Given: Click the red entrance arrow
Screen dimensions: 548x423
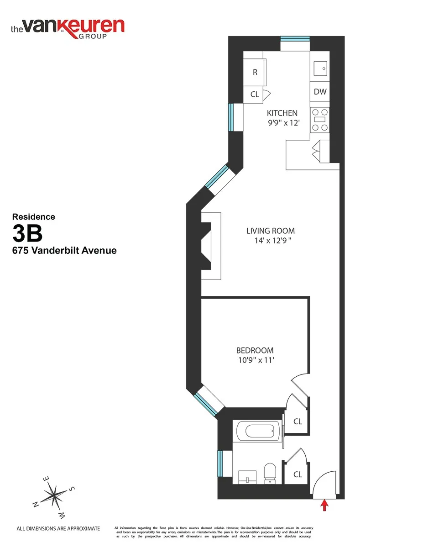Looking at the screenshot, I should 324,505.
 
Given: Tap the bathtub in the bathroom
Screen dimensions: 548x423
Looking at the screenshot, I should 258,431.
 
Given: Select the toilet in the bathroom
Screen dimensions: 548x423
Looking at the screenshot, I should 270,473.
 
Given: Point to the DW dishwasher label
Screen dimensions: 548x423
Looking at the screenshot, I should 320,92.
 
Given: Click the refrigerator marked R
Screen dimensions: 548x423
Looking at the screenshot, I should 255,72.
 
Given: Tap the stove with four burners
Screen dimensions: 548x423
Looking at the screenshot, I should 319,120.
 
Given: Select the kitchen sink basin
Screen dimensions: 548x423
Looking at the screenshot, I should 320,68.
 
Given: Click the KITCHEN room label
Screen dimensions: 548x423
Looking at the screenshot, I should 282,113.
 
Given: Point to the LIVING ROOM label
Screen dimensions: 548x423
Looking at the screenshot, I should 271,231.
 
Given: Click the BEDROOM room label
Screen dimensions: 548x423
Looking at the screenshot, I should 255,350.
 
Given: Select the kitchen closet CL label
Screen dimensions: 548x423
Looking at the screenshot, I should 255,95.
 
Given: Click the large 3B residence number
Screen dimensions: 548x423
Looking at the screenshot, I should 27,234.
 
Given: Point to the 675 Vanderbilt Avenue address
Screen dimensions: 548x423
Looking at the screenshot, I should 64,250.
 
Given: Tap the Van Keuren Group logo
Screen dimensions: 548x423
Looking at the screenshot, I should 67,27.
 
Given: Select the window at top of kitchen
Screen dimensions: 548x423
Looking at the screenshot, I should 295,39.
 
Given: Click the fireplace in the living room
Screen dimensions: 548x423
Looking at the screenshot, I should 211,247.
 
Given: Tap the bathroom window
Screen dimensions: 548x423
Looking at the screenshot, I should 219,464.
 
